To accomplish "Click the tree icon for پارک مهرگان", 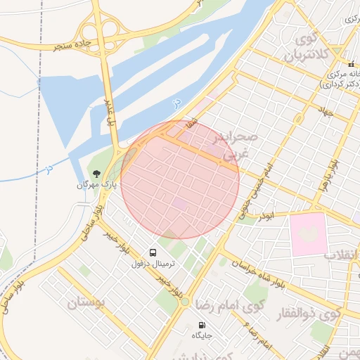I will click(x=96, y=173).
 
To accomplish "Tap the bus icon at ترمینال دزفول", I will click(x=153, y=252).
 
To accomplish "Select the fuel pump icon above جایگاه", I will click(x=202, y=325).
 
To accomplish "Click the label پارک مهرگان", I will click(x=92, y=185).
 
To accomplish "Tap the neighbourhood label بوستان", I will click(x=86, y=304).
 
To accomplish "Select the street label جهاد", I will click(x=324, y=111).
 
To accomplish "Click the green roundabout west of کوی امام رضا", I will click(x=185, y=302).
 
